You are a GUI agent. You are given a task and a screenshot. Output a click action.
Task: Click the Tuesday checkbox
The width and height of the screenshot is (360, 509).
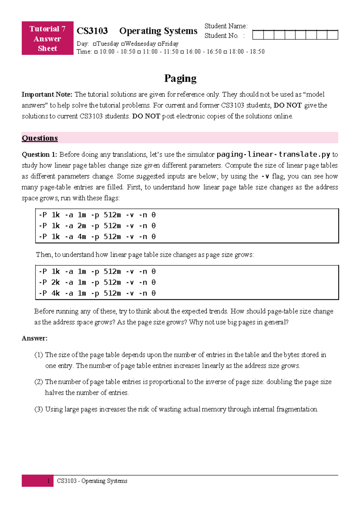tap(94, 44)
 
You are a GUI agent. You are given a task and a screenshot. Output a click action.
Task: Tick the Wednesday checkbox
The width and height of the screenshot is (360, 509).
tap(123, 44)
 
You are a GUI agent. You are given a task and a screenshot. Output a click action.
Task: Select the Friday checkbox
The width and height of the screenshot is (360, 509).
tap(159, 44)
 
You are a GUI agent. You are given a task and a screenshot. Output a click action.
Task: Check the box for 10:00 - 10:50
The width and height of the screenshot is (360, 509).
tap(96, 52)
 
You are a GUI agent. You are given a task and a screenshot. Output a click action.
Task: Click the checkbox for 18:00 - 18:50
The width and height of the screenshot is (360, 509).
tap(225, 52)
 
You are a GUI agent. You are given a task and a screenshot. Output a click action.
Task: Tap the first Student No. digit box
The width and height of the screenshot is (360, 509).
tap(258, 35)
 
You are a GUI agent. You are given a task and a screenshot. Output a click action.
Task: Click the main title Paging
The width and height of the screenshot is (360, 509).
tap(180, 78)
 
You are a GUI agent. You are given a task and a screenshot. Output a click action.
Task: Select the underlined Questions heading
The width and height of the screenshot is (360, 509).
tap(40, 138)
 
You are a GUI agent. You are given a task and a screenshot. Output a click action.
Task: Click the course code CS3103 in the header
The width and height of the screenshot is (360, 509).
tap(92, 31)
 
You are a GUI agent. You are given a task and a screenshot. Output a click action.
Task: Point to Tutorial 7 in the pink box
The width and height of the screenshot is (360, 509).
tap(47, 29)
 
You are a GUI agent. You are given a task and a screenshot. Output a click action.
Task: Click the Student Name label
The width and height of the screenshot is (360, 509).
tap(226, 26)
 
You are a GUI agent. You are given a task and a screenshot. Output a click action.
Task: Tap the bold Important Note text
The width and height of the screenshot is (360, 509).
tap(47, 95)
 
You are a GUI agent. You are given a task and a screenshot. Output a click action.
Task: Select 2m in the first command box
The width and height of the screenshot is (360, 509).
tap(82, 226)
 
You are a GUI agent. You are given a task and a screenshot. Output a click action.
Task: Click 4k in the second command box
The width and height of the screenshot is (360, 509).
tap(55, 293)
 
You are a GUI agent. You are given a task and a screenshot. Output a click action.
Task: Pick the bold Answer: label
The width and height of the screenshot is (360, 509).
tap(34, 338)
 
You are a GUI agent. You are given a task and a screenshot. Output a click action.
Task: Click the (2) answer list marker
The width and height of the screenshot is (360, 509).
tap(39, 382)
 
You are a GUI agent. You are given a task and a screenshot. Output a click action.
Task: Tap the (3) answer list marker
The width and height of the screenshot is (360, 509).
tap(39, 409)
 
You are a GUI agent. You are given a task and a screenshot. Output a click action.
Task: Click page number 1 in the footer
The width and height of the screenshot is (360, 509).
tap(48, 481)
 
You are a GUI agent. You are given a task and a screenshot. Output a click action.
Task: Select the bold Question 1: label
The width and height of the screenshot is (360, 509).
tap(39, 155)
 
